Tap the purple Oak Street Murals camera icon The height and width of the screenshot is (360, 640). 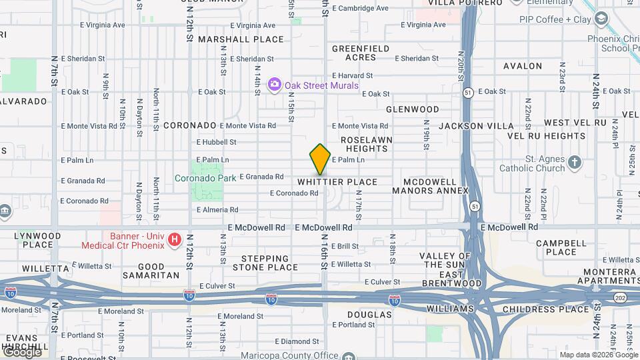[x=273, y=85]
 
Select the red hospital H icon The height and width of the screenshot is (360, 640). [x=175, y=239]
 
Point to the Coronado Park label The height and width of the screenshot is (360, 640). [x=205, y=178]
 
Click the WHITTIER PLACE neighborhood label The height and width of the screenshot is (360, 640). [x=337, y=182]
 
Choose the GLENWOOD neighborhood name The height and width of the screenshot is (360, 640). [x=413, y=109]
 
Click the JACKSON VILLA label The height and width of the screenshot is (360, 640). [x=476, y=126]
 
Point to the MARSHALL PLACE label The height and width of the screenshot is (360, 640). [x=241, y=39]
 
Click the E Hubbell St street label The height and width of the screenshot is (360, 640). [x=216, y=142]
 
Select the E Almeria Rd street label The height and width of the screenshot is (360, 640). [x=217, y=210]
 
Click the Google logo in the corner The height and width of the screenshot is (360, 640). [x=21, y=352]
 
